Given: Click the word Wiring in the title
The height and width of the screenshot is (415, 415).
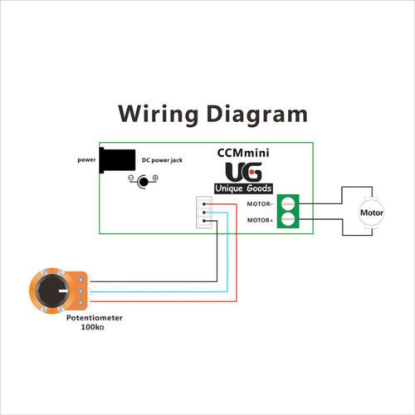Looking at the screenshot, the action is click(159, 115).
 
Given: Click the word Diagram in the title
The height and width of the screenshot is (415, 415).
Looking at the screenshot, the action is click(257, 115).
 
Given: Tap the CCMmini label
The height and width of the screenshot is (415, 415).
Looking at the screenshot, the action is click(243, 153).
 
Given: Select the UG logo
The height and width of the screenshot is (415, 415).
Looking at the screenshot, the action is click(243, 172).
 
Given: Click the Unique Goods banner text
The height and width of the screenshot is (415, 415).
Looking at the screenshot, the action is click(243, 188).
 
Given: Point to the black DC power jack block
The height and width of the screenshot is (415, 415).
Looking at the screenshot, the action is click(117, 160).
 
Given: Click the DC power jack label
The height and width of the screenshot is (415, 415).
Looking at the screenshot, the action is click(162, 160).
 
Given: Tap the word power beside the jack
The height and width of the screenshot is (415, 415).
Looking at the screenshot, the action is click(86, 160).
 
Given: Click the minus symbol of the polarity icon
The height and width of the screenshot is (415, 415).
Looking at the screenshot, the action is click(131, 178).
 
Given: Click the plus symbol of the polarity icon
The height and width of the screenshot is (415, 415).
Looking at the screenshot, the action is click(155, 178).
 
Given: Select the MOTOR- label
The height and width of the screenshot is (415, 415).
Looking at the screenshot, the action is click(260, 204).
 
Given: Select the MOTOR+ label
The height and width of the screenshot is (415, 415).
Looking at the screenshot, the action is click(260, 220).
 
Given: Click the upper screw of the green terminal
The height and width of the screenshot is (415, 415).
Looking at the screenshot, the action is click(288, 203).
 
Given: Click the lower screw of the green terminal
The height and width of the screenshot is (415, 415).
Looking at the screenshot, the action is click(288, 219).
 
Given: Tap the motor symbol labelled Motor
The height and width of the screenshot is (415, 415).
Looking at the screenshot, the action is click(371, 212).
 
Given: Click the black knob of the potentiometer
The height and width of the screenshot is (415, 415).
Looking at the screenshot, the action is click(52, 290).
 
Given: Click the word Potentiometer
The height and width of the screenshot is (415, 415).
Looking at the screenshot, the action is click(95, 318).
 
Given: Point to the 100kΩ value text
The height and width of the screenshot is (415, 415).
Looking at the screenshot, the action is click(92, 327).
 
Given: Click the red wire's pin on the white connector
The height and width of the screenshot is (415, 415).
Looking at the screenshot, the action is click(204, 204).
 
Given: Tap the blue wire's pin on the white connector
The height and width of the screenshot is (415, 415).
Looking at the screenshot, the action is click(204, 212).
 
